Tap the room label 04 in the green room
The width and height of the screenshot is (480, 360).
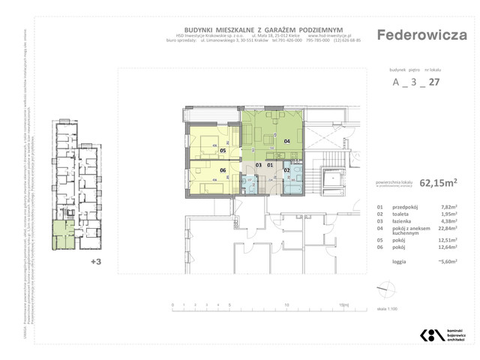click(286, 140)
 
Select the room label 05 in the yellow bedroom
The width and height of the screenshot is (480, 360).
click(223, 149)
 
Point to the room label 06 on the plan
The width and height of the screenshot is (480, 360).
click(223, 170)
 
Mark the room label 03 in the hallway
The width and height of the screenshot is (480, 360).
click(259, 165)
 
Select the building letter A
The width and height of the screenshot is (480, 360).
click(396, 83)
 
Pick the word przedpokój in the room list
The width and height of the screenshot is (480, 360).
click(407, 206)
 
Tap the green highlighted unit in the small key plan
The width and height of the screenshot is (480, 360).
click(58, 235)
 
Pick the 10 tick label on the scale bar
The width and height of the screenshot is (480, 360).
click(287, 305)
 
